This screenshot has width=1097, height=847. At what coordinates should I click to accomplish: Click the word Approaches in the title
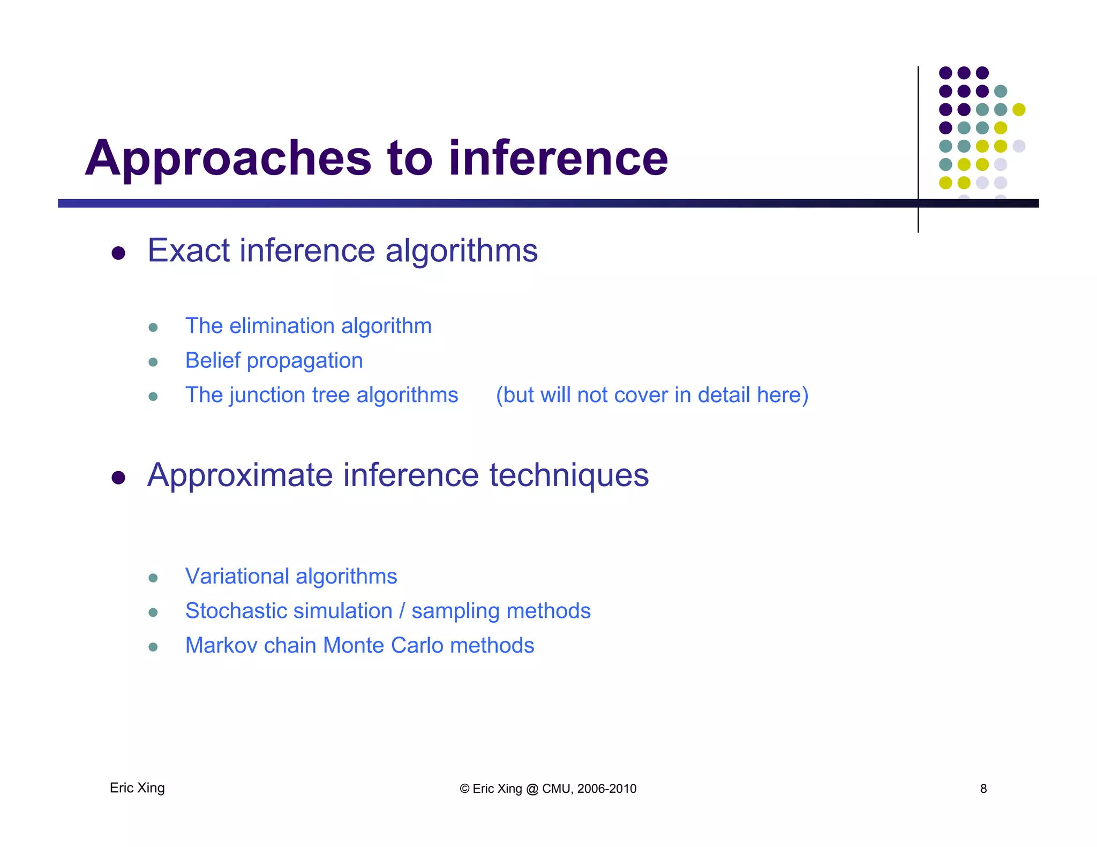click(228, 158)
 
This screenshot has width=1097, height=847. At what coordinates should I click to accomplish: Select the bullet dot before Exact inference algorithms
click(118, 253)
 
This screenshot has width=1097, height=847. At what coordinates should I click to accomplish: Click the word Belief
click(212, 360)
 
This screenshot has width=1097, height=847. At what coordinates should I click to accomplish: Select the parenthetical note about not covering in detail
click(651, 395)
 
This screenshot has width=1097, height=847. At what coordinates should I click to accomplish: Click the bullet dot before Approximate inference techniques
click(118, 477)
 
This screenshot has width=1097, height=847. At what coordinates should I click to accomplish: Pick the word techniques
click(569, 475)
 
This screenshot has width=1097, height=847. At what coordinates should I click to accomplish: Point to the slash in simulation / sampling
click(402, 611)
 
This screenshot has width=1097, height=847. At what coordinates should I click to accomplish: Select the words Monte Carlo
click(382, 645)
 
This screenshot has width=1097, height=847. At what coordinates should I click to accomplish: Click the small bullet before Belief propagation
click(153, 362)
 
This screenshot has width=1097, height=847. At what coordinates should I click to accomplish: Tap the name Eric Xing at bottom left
click(137, 788)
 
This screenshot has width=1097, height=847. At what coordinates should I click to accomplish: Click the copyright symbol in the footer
click(464, 789)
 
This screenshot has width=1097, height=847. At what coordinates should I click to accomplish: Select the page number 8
click(983, 789)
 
